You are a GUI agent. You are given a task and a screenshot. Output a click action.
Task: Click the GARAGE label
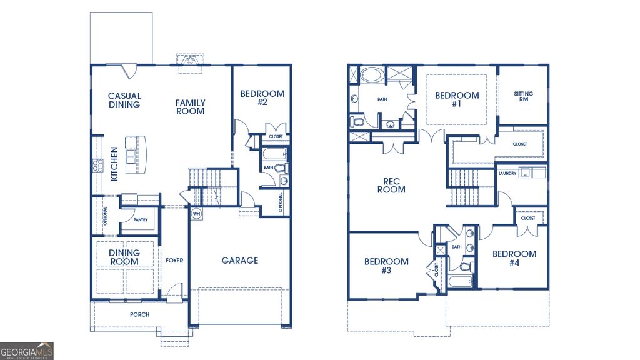pyautogui.click(x=239, y=260)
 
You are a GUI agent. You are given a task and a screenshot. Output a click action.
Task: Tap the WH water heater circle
pyautogui.click(x=196, y=214)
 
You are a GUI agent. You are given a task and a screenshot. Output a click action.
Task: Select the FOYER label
pyautogui.click(x=174, y=260)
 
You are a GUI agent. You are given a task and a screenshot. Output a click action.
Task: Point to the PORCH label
pyautogui.click(x=139, y=314)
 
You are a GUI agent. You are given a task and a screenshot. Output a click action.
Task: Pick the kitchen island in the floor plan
pyautogui.click(x=132, y=154)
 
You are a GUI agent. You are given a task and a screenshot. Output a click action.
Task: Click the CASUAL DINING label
pyautogui.click(x=124, y=100)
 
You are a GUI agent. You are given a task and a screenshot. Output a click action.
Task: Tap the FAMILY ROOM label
pyautogui.click(x=190, y=107)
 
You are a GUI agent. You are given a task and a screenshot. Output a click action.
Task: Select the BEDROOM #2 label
pyautogui.click(x=262, y=97)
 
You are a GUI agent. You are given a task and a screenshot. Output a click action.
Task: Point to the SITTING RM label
pyautogui.click(x=524, y=96)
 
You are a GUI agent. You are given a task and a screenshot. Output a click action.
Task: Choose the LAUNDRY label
pyautogui.click(x=507, y=173)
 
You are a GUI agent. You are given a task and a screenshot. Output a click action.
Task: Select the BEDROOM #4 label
pyautogui.click(x=514, y=258)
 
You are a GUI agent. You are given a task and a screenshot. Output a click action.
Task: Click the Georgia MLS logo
pyautogui.click(x=27, y=351)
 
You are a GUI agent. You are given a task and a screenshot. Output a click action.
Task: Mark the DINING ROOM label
pyautogui.click(x=124, y=257)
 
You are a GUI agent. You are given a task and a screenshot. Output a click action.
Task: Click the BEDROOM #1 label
pyautogui.click(x=457, y=99)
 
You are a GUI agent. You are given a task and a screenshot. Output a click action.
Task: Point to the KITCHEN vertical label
pyautogui.click(x=115, y=164)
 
